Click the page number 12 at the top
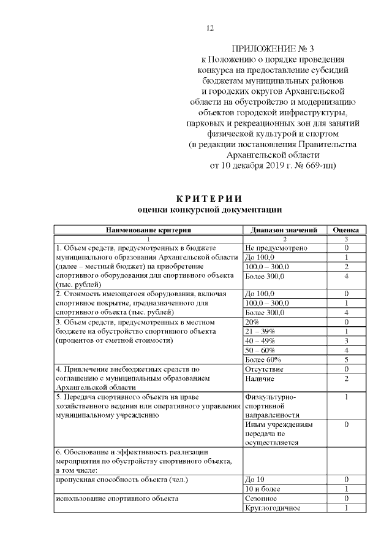tap(210, 28)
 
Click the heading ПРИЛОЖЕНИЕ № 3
tap(273, 48)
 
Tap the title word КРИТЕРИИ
tap(209, 198)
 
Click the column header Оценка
tap(346, 230)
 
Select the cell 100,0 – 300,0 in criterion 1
tap(268, 267)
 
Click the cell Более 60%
tap(263, 359)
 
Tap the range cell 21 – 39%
tap(260, 331)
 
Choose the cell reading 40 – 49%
tap(260, 340)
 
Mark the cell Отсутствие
tap(264, 369)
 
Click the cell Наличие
tap(260, 379)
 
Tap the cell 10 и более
tap(263, 489)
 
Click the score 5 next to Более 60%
tap(346, 359)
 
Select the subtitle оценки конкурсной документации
tap(209, 210)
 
